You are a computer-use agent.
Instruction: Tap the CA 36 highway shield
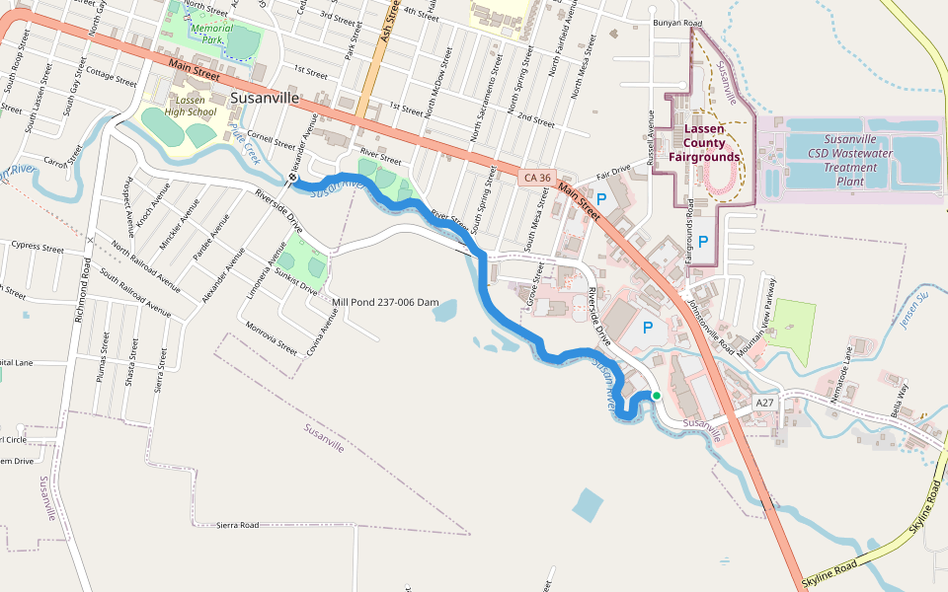tap(536, 177)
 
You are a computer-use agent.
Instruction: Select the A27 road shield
tap(765, 404)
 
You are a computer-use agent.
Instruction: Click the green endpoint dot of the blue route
tap(656, 396)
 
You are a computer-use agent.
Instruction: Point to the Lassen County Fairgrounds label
tap(704, 143)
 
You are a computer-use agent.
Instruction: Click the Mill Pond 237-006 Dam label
tap(385, 302)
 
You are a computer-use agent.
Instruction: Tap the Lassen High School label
tap(190, 107)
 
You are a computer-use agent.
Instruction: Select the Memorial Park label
tap(211, 35)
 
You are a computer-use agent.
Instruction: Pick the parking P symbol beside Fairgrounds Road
tap(703, 241)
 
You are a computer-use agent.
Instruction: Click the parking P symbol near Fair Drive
tap(600, 199)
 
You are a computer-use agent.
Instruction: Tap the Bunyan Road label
tap(676, 23)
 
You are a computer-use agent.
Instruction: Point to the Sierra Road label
tap(237, 525)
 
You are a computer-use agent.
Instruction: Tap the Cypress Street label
tap(37, 248)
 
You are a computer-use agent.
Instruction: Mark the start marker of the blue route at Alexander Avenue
tap(293, 179)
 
